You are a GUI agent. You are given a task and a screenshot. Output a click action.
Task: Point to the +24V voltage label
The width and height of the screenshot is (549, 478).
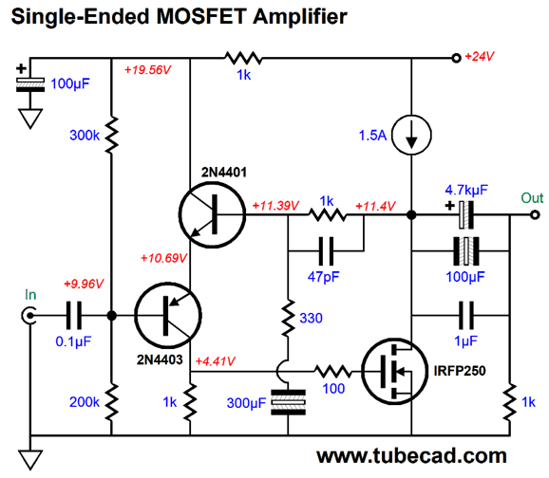point(481,58)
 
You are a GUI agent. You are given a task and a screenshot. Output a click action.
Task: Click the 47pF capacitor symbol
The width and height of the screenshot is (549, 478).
point(327,251)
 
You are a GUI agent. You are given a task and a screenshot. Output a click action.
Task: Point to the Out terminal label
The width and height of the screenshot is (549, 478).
point(532,197)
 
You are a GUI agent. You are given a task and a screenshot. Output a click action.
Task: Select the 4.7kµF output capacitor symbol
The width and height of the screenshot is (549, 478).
point(464,214)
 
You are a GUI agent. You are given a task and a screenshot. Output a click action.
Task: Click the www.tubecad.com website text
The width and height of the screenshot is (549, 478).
point(411,455)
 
